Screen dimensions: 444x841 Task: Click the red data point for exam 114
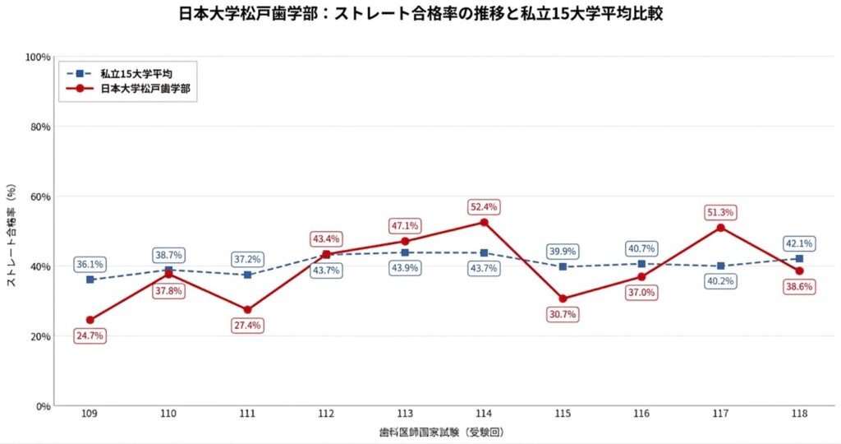[x=484, y=223]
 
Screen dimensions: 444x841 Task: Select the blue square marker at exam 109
[x=90, y=280]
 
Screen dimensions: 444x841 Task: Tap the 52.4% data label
[x=484, y=206]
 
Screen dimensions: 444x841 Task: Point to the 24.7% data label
[x=90, y=335]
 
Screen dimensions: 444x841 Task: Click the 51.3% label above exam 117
[x=720, y=213]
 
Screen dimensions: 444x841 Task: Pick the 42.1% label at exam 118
[x=799, y=243]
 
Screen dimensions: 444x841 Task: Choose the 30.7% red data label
[x=563, y=314]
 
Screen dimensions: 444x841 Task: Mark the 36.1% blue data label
[x=90, y=265]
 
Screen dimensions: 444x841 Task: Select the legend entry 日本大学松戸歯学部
[x=151, y=89]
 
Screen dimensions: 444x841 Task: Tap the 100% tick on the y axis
[x=39, y=57]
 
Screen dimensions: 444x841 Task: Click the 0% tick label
[x=44, y=406]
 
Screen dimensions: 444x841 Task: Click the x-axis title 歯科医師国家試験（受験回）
[x=444, y=432]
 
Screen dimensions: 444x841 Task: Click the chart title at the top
[x=420, y=15]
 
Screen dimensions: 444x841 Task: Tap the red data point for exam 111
[x=247, y=310]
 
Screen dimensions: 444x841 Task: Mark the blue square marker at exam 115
[x=563, y=266]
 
